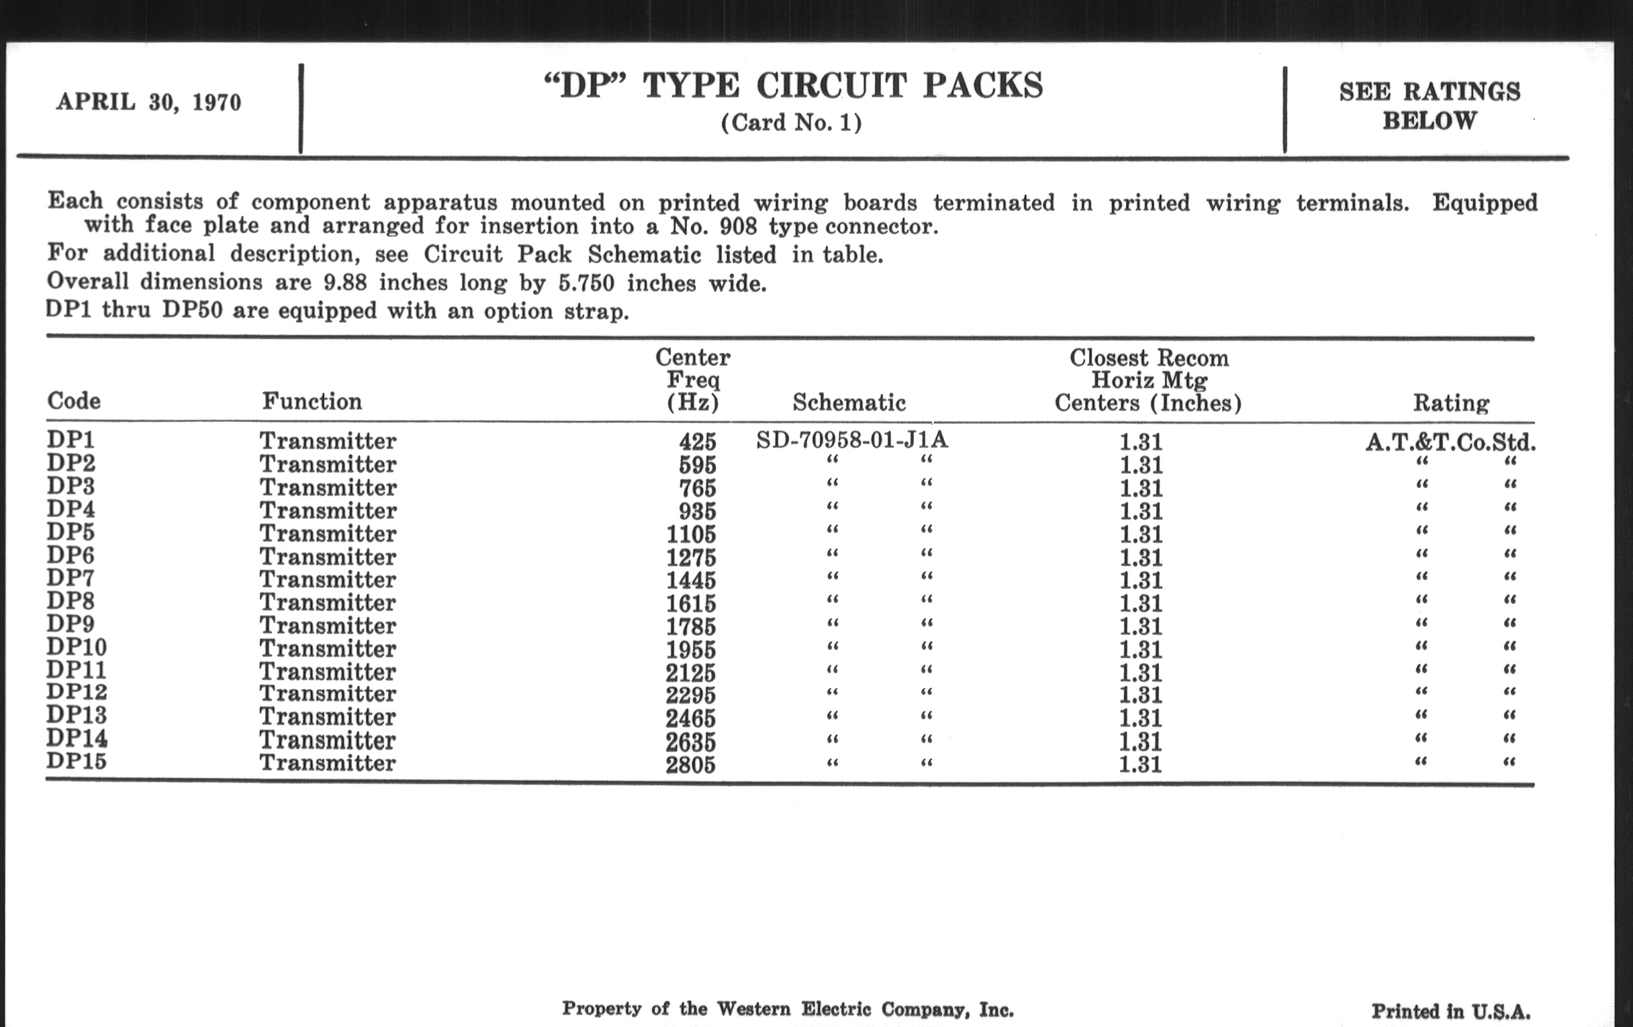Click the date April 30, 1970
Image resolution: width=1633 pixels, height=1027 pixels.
coord(148,102)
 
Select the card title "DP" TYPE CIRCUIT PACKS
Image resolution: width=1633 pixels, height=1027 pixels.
coord(793,86)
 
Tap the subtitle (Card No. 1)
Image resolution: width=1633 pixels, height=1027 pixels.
coord(792,123)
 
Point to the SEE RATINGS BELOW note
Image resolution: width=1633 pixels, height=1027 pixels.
coord(1430,106)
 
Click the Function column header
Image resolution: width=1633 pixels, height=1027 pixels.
coord(312,401)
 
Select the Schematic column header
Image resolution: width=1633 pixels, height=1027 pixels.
coord(849,403)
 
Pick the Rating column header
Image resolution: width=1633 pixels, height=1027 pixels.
coord(1450,403)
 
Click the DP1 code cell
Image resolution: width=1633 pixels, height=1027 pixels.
coord(71,440)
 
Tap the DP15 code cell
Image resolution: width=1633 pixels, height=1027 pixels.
coord(77,761)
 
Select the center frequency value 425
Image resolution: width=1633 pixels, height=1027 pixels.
coord(697,442)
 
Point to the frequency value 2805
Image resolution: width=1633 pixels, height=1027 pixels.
coord(690,765)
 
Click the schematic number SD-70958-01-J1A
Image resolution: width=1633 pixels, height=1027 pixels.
coord(852,440)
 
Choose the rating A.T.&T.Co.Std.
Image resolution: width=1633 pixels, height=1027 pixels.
coord(1450,442)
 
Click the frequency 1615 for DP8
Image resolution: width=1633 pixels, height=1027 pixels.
coord(690,603)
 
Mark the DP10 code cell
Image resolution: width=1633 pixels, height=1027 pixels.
coord(77,647)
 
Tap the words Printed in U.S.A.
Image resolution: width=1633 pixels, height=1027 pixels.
coord(1450,1012)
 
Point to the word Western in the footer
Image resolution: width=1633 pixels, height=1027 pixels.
coord(753,1010)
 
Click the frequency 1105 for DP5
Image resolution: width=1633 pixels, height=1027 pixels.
coord(690,534)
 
